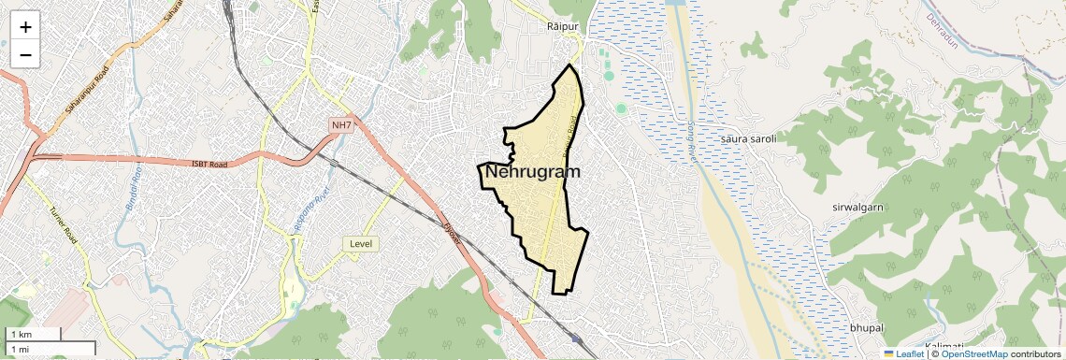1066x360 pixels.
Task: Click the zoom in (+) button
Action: pos(25,26)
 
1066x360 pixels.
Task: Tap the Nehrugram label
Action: pos(532,172)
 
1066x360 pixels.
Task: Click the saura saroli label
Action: pos(749,139)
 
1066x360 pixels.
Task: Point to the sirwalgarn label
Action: pos(857,207)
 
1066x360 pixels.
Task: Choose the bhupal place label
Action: pos(866,327)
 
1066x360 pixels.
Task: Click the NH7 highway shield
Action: pos(341,125)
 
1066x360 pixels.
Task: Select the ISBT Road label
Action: pos(209,165)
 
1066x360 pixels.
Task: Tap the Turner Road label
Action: pos(63,224)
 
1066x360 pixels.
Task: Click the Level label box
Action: pos(361,244)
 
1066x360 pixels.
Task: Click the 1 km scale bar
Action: pos(33,334)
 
